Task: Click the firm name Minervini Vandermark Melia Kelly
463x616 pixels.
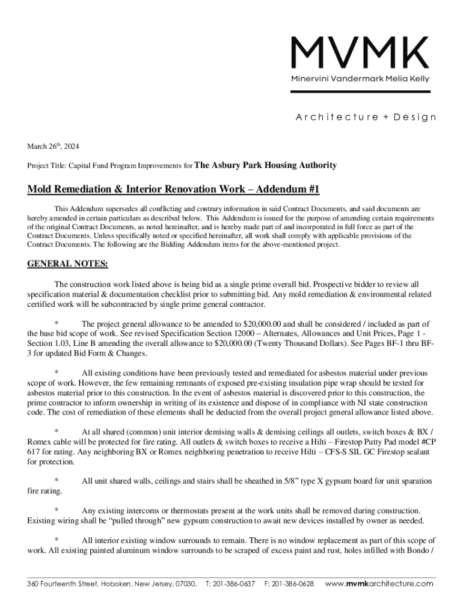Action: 360,79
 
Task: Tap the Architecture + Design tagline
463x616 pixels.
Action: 366,117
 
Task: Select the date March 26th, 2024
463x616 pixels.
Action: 53,147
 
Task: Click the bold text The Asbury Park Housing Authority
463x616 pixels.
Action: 266,165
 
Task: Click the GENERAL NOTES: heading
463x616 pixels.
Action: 67,264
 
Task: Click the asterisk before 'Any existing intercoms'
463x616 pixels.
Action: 57,510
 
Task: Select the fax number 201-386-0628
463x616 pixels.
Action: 293,584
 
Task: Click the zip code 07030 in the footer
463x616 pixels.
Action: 185,584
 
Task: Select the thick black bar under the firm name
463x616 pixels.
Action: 360,91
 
